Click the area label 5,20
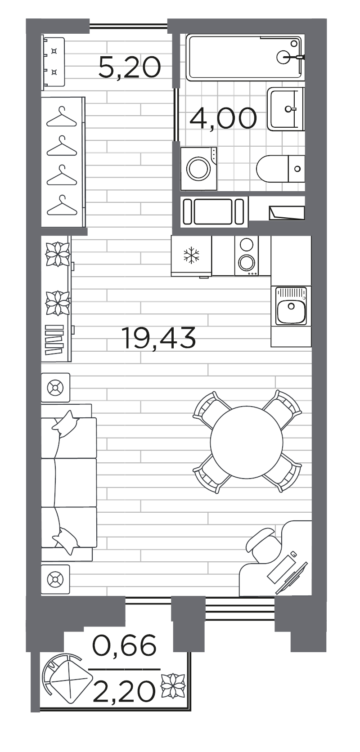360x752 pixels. pos(130,67)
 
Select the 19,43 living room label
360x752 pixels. pos(159,338)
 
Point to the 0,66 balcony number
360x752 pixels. pos(125,645)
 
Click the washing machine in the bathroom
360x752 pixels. pos(198,169)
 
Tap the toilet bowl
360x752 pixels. pos(280,169)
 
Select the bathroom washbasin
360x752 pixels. pos(285,109)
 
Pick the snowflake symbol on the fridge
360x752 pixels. pos(191,255)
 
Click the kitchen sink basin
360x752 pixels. pos(291,306)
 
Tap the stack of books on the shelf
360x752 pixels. pos(54,340)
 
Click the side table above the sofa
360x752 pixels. pos(55,387)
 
